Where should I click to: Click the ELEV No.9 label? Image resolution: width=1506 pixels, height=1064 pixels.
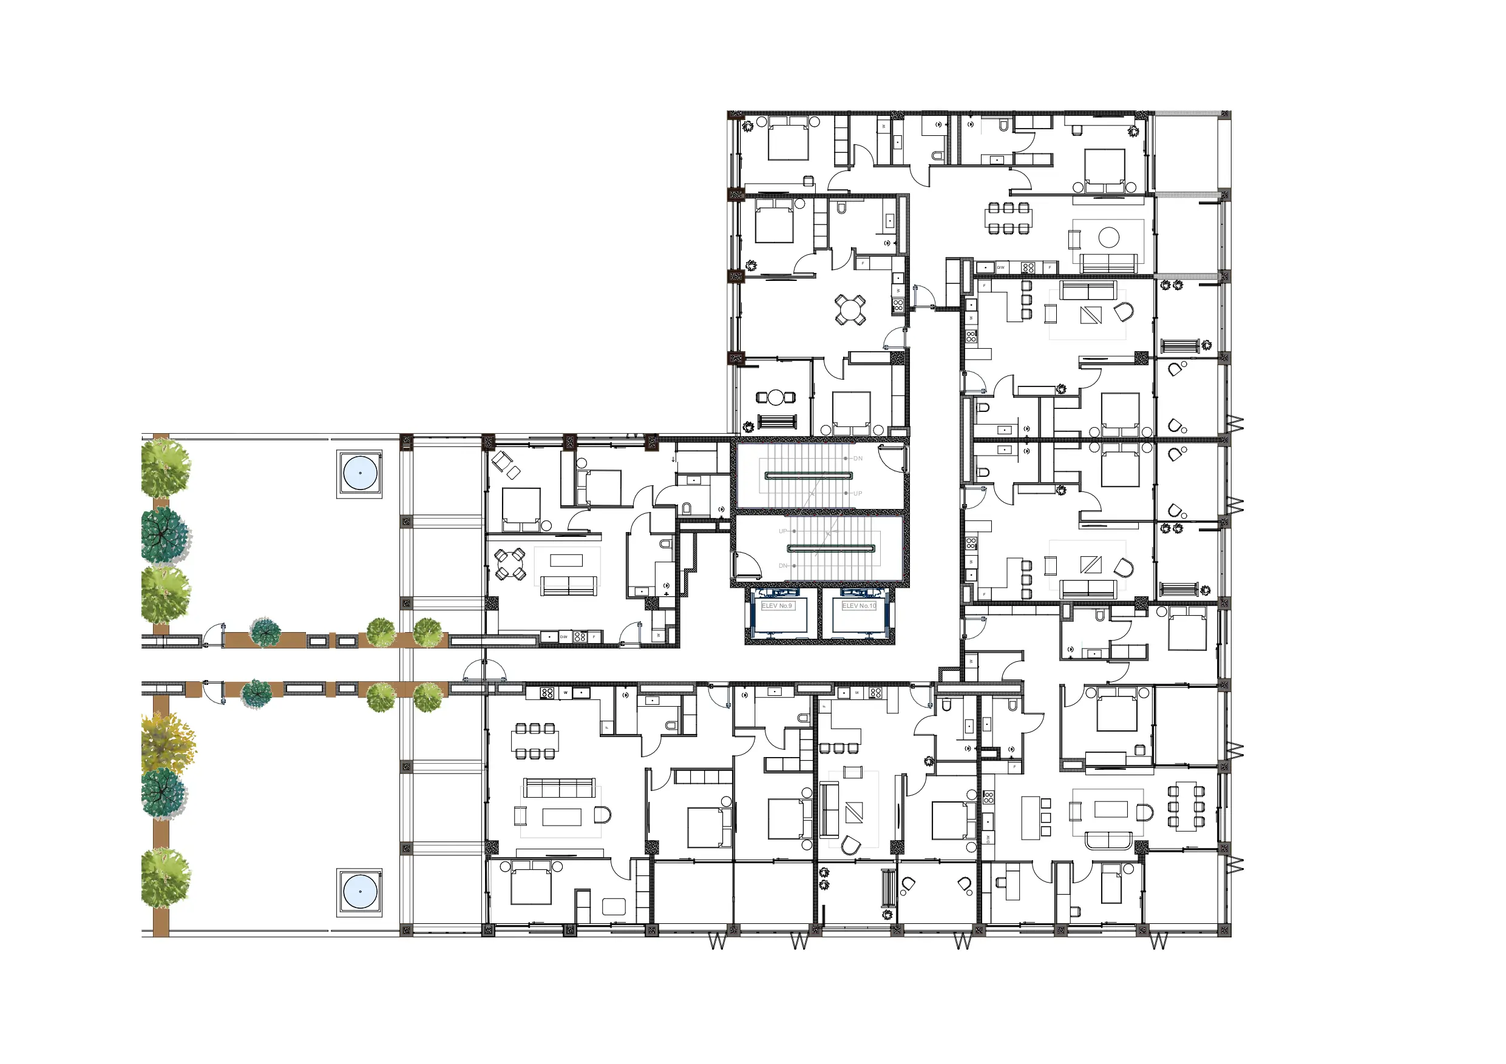[x=776, y=606]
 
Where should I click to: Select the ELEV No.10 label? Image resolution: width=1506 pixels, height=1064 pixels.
[x=858, y=606]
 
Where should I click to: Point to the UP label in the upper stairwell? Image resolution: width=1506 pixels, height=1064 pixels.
[x=857, y=494]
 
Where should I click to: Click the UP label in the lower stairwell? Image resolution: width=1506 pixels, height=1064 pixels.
[x=782, y=531]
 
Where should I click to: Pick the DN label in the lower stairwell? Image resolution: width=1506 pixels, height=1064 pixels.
[x=782, y=566]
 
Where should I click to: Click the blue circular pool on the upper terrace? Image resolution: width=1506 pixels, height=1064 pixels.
[x=360, y=473]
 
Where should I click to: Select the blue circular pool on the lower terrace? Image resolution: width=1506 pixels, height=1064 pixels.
[x=360, y=892]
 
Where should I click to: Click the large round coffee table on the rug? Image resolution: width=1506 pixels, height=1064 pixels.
[x=1108, y=237]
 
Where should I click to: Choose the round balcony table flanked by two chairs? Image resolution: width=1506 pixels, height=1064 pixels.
[x=776, y=397]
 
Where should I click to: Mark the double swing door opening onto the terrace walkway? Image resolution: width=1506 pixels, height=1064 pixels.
[x=485, y=670]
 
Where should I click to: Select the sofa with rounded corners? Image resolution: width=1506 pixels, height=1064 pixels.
[x=1108, y=840]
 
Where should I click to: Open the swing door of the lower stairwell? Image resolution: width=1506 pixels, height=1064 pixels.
[x=746, y=564]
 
